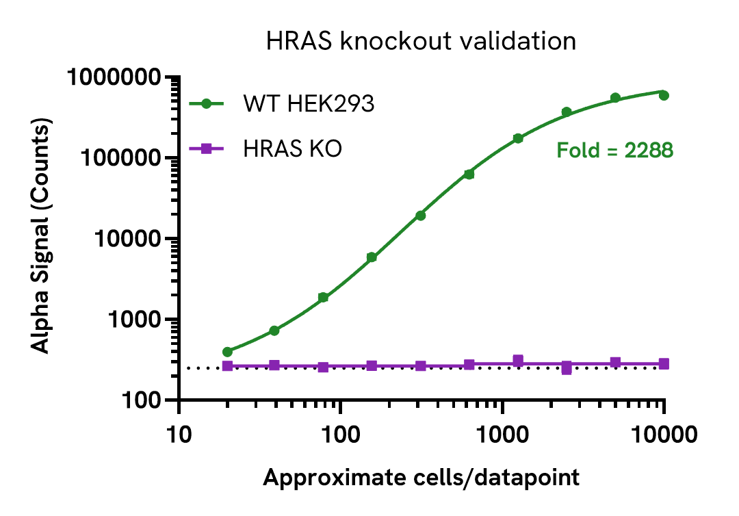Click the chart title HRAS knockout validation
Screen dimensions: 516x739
[x=420, y=41]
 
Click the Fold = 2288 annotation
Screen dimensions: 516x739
[x=614, y=150]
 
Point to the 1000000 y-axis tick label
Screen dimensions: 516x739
[x=119, y=77]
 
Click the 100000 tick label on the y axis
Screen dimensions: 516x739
[x=125, y=158]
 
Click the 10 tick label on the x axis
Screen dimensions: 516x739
[x=179, y=433]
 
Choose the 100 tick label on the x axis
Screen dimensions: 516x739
[x=341, y=433]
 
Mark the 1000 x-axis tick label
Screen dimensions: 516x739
[x=503, y=433]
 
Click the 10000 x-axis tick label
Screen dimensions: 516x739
[x=664, y=433]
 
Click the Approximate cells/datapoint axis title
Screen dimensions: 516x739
[x=421, y=477]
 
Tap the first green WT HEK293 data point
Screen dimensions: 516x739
[x=228, y=352]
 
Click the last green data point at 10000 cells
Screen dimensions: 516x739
[x=664, y=95]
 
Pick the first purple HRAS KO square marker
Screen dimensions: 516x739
[x=228, y=366]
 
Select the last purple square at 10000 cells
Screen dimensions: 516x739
[x=664, y=364]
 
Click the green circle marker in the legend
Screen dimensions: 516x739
[x=206, y=104]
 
